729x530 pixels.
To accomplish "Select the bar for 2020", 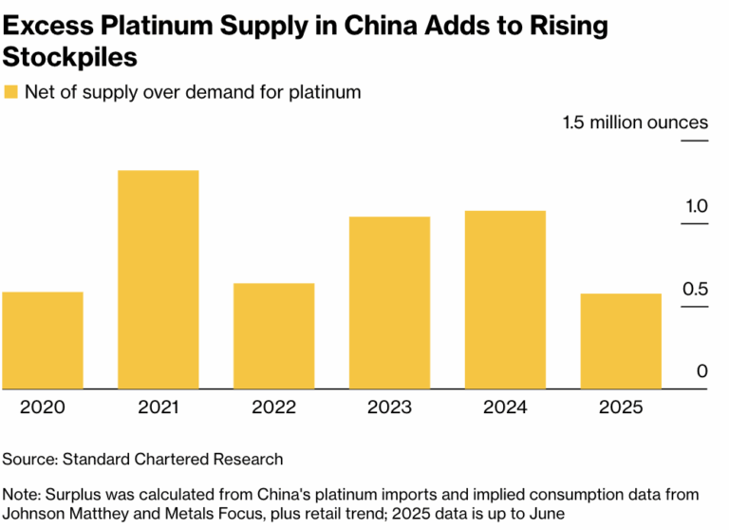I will click(43, 340).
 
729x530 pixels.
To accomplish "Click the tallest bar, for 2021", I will click(158, 279).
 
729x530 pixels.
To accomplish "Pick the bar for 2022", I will click(273, 336).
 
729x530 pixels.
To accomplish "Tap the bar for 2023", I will click(389, 303).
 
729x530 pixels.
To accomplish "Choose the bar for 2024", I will click(505, 299).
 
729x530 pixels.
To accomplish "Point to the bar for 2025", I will click(621, 341).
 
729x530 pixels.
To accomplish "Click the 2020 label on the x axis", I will click(43, 407).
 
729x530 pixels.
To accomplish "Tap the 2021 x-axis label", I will click(158, 407).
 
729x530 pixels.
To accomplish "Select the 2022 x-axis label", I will click(273, 407).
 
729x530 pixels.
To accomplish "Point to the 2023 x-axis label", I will click(389, 407).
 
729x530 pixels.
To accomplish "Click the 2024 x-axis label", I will click(505, 407).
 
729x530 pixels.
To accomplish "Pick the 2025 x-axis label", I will click(621, 407).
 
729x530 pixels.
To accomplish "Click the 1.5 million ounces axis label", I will click(635, 123).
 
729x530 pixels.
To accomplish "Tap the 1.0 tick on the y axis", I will click(695, 206).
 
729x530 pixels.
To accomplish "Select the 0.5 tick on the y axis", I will click(695, 289).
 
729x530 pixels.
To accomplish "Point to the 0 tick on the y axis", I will click(701, 371).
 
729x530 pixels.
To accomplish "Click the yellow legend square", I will click(10, 92).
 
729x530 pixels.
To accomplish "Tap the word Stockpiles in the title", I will click(70, 57).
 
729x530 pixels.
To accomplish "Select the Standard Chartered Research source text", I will click(173, 459).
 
